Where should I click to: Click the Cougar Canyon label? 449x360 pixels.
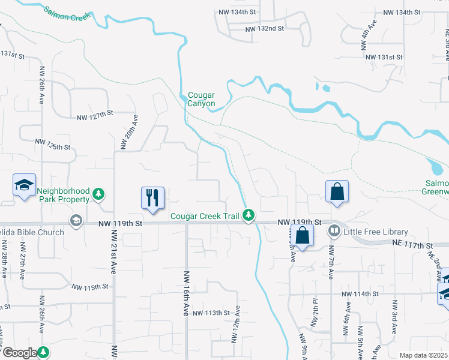(201, 99)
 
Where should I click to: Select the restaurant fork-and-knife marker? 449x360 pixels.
(152, 197)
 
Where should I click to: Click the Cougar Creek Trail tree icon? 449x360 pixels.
(249, 215)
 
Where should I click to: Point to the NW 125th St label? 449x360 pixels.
(53, 144)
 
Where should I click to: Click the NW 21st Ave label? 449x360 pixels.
(112, 259)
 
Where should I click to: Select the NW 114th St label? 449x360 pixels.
(361, 294)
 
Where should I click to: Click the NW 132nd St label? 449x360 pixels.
(264, 29)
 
